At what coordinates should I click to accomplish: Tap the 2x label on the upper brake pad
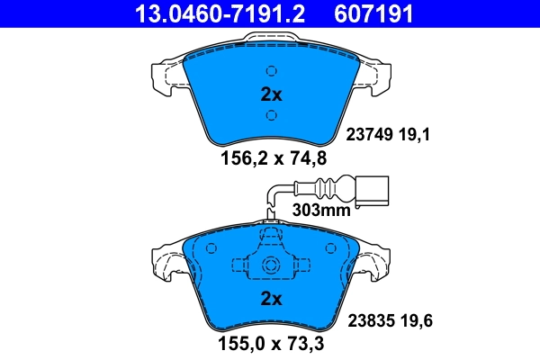(x=271, y=94)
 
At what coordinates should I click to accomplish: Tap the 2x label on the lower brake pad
(x=271, y=298)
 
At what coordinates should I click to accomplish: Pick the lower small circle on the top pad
(x=271, y=114)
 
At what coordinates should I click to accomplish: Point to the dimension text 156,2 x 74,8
(x=269, y=158)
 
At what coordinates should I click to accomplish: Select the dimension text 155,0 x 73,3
(x=269, y=343)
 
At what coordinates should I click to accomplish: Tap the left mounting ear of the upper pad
(x=165, y=76)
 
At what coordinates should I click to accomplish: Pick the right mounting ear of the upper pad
(x=377, y=76)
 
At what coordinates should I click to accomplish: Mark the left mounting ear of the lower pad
(x=166, y=263)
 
